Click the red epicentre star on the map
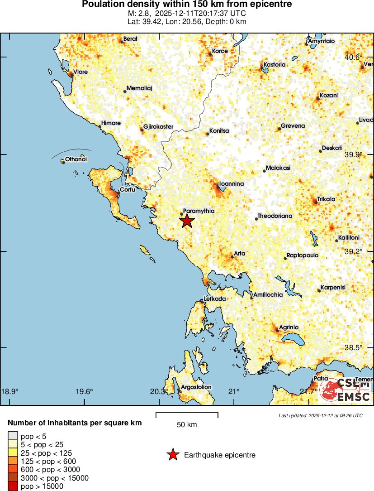point(187,221)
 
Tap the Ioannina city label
point(232,184)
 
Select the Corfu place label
point(128,190)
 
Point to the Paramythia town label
point(199,211)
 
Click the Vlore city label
point(80,72)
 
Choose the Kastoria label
point(275,65)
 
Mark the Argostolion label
point(196,387)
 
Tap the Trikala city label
point(326,199)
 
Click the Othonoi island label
point(76,159)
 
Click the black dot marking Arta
point(232,257)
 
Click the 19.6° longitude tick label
point(84,392)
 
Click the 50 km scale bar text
point(187,425)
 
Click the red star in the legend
point(173,455)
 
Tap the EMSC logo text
point(354,397)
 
